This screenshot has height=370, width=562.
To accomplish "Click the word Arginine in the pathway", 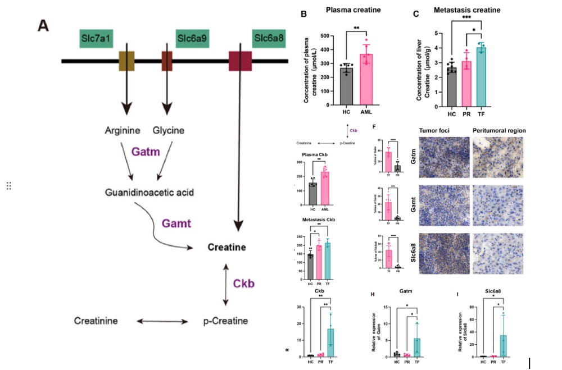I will pyautogui.click(x=123, y=131).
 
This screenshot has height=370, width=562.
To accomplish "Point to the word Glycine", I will pyautogui.click(x=169, y=131).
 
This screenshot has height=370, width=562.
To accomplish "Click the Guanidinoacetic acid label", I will pyautogui.click(x=149, y=193).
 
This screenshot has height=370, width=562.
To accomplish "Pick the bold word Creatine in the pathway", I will pyautogui.click(x=225, y=247).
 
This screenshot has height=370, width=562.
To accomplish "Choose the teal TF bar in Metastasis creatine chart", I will pyautogui.click(x=481, y=77).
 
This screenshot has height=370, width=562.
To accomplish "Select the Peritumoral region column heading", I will pyautogui.click(x=499, y=130).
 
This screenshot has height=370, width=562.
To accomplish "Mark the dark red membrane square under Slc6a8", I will pyautogui.click(x=240, y=61).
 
